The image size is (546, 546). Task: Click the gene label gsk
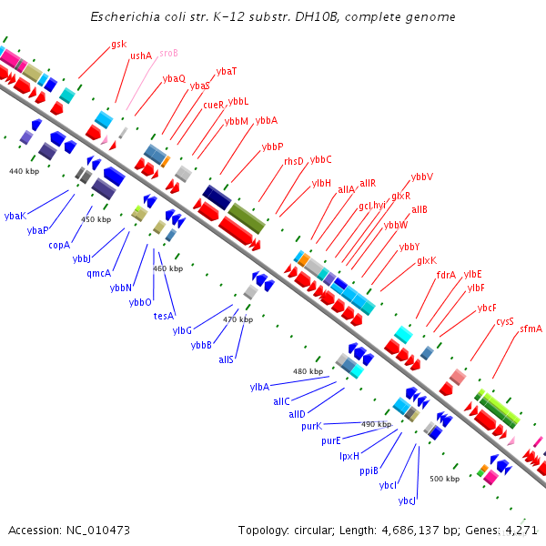tap(119, 44)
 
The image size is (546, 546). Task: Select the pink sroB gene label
tap(168, 54)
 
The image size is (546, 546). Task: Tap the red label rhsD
tap(294, 161)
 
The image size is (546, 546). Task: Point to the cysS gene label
tap(505, 321)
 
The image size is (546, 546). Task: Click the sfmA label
tap(531, 329)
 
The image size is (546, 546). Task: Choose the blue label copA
tap(59, 245)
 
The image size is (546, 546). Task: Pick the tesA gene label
tap(163, 316)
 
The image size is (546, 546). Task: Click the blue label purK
tap(312, 425)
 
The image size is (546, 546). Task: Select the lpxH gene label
tap(350, 456)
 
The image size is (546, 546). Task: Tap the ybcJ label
tap(407, 500)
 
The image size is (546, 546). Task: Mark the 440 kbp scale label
tap(25, 171)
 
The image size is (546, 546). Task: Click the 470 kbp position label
tap(238, 319)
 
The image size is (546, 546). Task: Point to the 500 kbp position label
tap(445, 479)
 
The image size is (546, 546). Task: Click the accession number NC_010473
tap(84, 530)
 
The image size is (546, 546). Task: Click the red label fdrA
tap(446, 274)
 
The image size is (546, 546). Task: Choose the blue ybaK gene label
tap(15, 216)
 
